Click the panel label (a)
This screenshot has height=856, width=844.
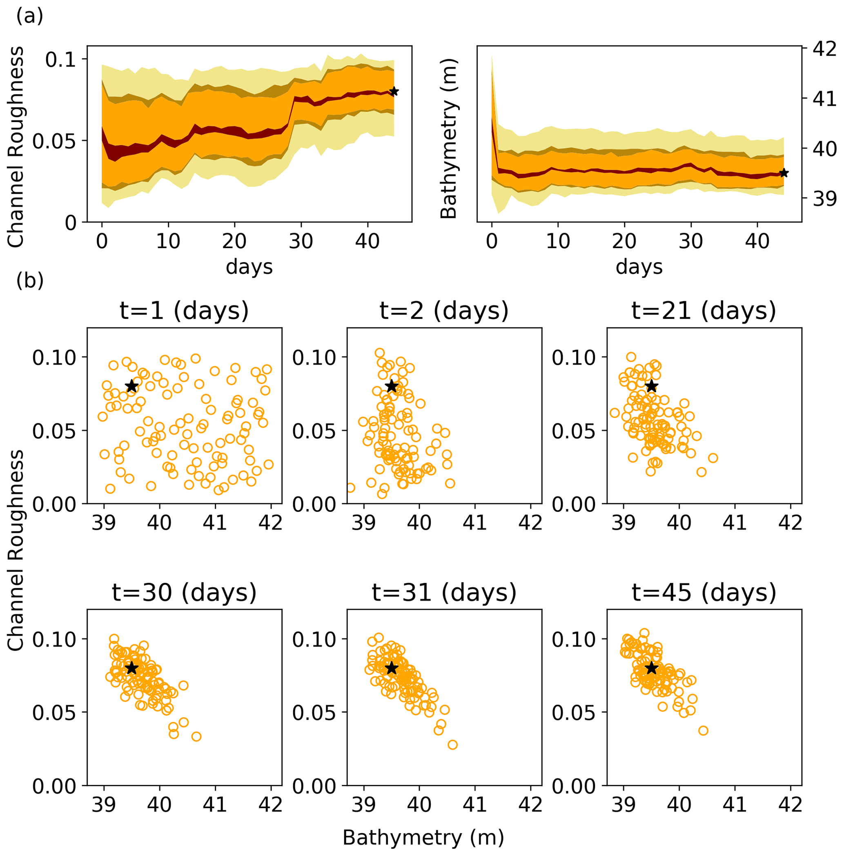tap(29, 16)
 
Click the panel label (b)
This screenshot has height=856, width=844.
tap(29, 280)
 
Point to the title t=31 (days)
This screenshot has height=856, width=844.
tap(444, 592)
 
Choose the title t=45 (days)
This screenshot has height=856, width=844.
tap(704, 592)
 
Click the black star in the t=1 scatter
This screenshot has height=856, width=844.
tap(131, 386)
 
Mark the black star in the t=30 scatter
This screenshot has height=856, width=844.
tap(131, 668)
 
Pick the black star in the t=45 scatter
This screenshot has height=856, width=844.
tap(651, 668)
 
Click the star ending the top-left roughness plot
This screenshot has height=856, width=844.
tap(394, 92)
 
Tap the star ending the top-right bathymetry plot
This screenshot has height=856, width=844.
tap(784, 173)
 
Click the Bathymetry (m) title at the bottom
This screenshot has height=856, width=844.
tap(423, 837)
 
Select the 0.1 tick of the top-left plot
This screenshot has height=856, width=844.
tap(61, 59)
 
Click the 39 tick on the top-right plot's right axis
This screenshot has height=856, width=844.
tap(824, 199)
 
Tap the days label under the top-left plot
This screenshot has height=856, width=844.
tap(249, 267)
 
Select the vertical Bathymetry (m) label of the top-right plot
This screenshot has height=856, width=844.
tap(449, 138)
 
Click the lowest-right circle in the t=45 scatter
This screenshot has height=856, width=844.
tap(703, 731)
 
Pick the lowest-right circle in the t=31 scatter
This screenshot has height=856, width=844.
tap(452, 745)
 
